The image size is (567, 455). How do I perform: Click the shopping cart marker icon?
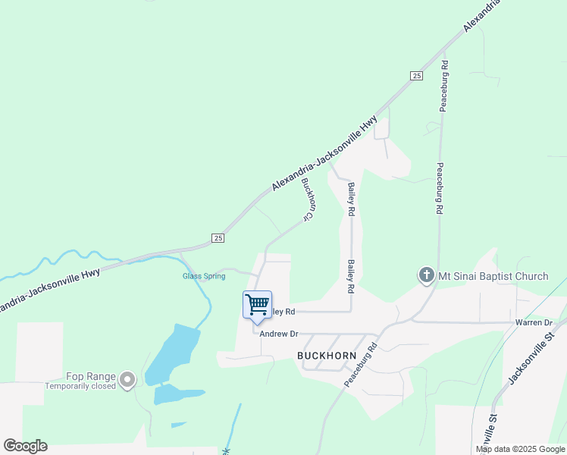tap(257, 305)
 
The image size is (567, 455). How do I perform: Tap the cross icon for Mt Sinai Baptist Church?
tap(426, 276)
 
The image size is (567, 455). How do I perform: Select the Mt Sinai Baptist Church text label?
tap(493, 276)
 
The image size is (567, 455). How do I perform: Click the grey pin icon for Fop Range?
tap(127, 378)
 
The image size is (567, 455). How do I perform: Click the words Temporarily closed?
tap(80, 386)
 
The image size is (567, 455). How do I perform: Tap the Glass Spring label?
tap(204, 276)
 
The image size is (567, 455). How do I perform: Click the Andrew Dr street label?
tap(280, 334)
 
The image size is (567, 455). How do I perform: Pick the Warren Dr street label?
tap(534, 322)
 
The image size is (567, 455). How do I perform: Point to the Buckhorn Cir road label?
tap(307, 199)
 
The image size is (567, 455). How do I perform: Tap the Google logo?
tap(25, 446)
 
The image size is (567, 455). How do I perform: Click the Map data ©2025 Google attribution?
tap(521, 449)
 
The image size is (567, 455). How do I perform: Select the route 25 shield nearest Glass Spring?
tap(218, 237)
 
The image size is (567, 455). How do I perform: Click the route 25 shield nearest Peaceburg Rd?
tap(416, 75)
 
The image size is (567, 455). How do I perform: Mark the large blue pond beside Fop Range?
tap(171, 353)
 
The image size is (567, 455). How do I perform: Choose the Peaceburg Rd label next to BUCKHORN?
tap(361, 366)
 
